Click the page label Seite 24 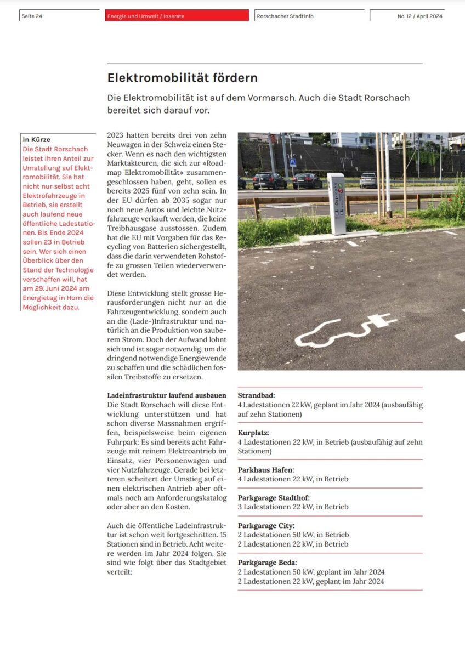pyautogui.click(x=32, y=16)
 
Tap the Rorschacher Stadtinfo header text pyautogui.click(x=285, y=16)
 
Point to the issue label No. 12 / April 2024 pyautogui.click(x=419, y=16)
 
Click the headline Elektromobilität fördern pyautogui.click(x=182, y=78)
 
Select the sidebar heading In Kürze pyautogui.click(x=36, y=140)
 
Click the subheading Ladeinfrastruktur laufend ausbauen pyautogui.click(x=167, y=395)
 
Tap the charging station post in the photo pyautogui.click(x=336, y=203)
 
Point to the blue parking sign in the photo pyautogui.click(x=293, y=162)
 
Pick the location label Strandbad pyautogui.click(x=256, y=395)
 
